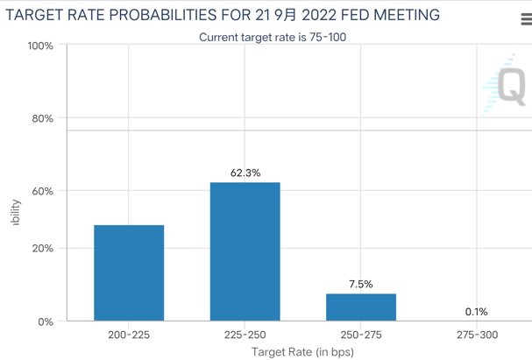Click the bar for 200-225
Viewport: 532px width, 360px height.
click(x=129, y=272)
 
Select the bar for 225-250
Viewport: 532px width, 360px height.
click(x=245, y=251)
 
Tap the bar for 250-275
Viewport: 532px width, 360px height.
click(x=361, y=307)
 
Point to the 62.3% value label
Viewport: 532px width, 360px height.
click(x=245, y=173)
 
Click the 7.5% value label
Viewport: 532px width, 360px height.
click(x=361, y=285)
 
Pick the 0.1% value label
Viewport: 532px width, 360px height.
click(x=477, y=312)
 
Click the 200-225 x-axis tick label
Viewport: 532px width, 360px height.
click(x=129, y=335)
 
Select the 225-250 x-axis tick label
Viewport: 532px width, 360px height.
click(x=245, y=335)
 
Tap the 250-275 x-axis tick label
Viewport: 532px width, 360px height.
click(x=361, y=335)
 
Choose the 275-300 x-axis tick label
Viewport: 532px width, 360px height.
click(x=477, y=335)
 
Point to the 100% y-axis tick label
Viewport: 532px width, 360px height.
click(x=39, y=46)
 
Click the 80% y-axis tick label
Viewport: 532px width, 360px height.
click(x=42, y=118)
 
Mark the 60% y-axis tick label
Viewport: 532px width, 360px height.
click(x=42, y=191)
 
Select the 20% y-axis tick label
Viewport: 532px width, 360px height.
click(x=42, y=249)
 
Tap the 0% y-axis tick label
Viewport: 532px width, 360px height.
click(x=46, y=321)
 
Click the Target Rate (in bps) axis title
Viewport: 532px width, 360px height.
click(x=302, y=352)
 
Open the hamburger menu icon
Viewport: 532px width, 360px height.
click(x=525, y=19)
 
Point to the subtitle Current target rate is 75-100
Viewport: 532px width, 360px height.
click(x=279, y=37)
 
